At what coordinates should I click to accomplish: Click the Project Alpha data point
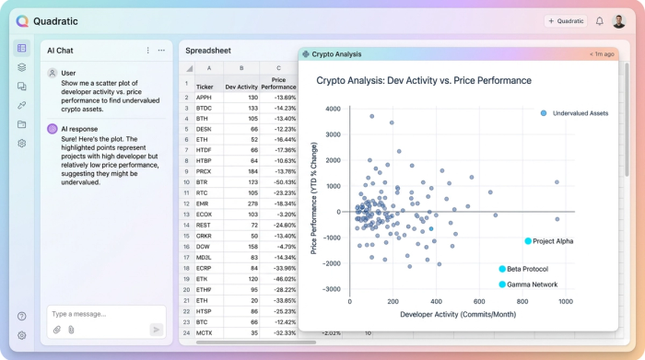(528, 241)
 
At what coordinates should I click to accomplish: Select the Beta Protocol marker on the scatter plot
(502, 269)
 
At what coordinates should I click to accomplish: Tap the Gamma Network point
(502, 285)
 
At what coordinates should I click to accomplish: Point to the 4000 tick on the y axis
(333, 109)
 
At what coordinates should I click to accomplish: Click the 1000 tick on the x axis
(565, 301)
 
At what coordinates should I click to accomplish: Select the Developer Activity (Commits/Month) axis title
(457, 314)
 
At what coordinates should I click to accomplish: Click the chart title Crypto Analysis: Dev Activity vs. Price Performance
(424, 80)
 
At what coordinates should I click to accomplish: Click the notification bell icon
(600, 21)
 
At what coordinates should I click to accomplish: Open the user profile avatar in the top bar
(619, 21)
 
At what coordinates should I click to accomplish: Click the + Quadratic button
(566, 21)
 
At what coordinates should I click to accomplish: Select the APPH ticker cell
(205, 97)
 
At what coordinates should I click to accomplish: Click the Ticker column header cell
(205, 87)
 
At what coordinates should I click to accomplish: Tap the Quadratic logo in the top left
(22, 21)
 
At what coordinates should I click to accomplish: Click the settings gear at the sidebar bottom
(22, 335)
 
